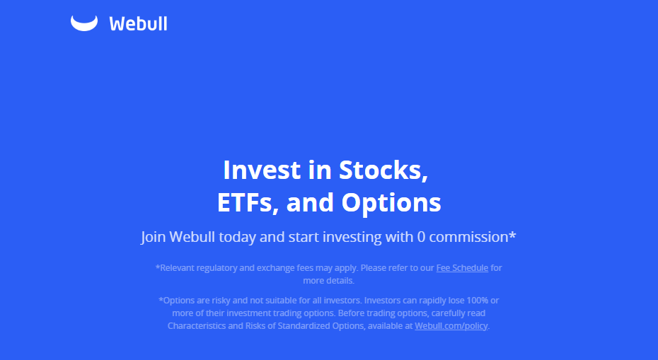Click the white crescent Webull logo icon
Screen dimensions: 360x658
(x=83, y=23)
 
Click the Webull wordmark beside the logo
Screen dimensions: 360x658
(x=138, y=23)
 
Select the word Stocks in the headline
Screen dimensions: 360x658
(x=383, y=170)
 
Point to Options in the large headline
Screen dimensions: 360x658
(x=391, y=203)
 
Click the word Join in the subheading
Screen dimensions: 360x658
(x=153, y=237)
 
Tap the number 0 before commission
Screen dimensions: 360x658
(x=421, y=237)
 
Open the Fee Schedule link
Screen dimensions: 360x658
(x=462, y=268)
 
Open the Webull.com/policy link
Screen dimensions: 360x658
(x=451, y=326)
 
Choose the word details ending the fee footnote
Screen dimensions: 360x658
(x=340, y=281)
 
